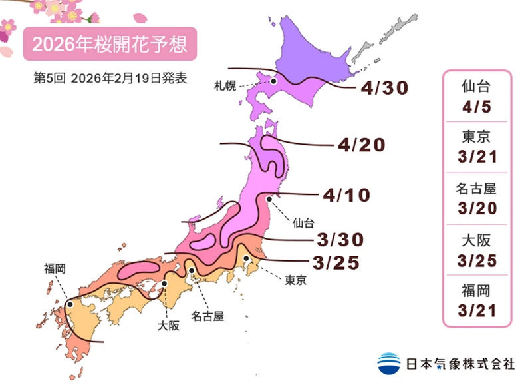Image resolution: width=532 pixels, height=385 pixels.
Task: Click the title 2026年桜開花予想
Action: tap(110, 45)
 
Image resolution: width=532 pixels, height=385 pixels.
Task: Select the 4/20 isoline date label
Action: tap(361, 145)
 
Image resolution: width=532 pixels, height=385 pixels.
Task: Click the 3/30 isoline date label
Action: tap(340, 239)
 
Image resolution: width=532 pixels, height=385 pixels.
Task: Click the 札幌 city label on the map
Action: tap(225, 85)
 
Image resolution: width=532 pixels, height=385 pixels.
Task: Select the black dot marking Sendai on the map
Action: tap(269, 198)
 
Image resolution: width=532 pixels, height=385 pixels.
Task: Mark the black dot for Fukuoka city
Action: tap(70, 304)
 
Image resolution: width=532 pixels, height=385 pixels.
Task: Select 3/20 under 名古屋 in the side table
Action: tap(478, 208)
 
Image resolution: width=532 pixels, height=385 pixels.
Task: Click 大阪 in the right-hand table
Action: tap(478, 240)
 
